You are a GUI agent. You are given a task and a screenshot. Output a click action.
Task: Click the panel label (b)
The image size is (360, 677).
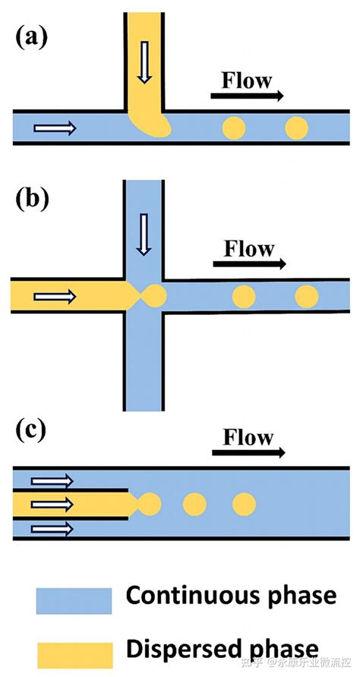pos(32,199)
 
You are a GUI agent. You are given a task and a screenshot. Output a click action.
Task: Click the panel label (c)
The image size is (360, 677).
pos(30,430)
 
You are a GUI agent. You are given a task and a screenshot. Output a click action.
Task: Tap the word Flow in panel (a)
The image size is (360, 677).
pos(247,80)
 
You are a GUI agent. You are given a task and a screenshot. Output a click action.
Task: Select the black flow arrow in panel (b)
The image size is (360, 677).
pos(249,263)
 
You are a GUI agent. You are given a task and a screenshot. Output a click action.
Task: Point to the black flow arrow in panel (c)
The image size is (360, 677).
pos(248,452)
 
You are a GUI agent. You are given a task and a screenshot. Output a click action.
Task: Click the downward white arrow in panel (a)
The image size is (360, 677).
pos(144,62)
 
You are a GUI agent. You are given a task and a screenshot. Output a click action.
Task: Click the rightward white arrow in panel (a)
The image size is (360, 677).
pos(55,128)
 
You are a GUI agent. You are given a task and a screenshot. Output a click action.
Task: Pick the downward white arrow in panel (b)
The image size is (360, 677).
pos(144,235)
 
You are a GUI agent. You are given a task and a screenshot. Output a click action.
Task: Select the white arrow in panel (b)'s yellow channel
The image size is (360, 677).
pos(55,296)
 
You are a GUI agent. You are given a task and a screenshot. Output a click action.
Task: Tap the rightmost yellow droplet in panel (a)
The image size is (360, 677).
pos(296,128)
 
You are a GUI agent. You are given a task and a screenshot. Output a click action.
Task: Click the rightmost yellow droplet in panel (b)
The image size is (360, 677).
pos(307,297)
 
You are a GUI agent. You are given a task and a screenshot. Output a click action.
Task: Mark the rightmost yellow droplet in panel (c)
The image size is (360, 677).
pos(245,504)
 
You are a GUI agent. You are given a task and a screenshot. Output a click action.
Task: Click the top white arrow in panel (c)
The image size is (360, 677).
pos(52,480)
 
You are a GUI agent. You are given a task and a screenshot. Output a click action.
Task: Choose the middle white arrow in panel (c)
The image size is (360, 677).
pos(52,504)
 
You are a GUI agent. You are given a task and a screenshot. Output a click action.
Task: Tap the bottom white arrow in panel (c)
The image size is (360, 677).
pos(52,527)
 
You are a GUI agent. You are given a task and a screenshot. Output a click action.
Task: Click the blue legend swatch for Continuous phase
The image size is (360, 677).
pos(74,600)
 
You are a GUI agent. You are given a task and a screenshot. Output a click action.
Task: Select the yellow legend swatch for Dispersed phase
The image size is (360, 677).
pos(74,654)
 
